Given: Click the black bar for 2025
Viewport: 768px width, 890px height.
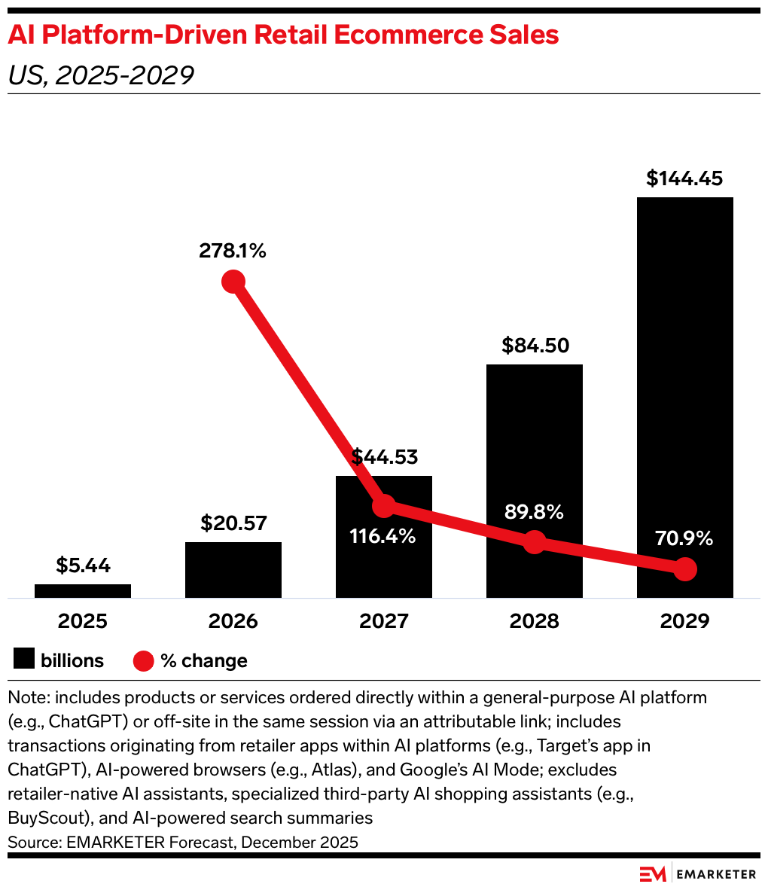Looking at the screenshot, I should tap(83, 591).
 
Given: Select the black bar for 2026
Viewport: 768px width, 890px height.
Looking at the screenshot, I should tap(233, 570).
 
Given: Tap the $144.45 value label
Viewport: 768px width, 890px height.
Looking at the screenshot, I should tap(684, 178).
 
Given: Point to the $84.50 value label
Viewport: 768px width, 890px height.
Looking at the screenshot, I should tap(535, 346).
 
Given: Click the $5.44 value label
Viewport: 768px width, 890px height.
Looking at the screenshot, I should tap(83, 565).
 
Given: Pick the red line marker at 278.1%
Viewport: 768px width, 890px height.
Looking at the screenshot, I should tap(233, 282).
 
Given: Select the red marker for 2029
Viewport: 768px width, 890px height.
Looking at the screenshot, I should tap(684, 569).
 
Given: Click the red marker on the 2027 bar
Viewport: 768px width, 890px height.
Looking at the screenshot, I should tap(384, 506).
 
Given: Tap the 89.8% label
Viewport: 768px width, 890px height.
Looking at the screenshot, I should tap(534, 512).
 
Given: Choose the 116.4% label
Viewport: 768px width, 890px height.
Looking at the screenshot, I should tap(383, 537).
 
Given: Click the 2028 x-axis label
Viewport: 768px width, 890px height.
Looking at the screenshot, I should tap(535, 621).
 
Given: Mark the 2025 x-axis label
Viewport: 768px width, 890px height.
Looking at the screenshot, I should tap(83, 621).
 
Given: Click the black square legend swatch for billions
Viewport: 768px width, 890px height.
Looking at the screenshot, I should tap(24, 660).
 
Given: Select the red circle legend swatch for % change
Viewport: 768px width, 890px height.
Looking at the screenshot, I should tap(144, 661).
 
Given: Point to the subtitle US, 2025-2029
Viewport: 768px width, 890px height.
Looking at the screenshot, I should tap(101, 75).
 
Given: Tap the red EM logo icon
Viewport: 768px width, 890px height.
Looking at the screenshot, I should tap(653, 874).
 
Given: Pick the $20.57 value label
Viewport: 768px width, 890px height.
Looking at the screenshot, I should tap(233, 523).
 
